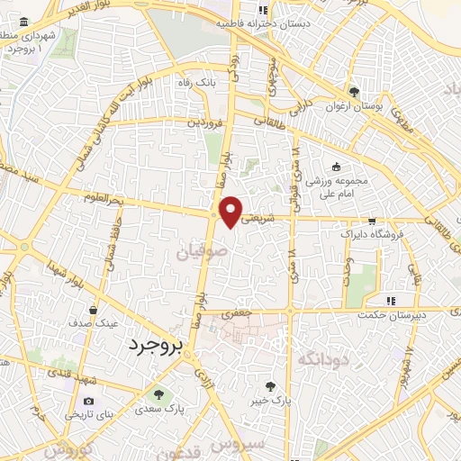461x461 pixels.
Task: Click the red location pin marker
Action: point(232,211)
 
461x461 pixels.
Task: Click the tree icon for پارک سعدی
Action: point(158,393)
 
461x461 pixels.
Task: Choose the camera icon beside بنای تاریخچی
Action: point(88,401)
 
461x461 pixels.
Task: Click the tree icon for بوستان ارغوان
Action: point(355,92)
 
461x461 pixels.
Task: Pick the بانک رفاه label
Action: point(197,82)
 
